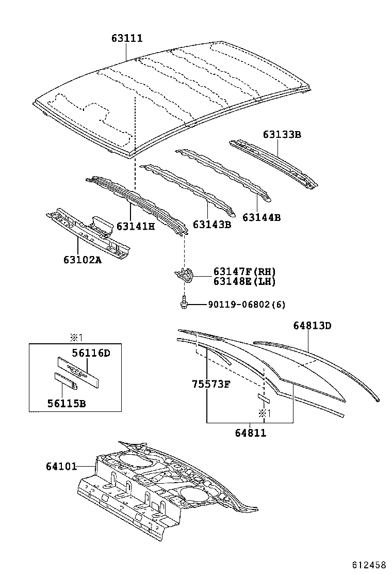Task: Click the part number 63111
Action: pyautogui.click(x=127, y=39)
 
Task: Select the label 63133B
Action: pyautogui.click(x=282, y=135)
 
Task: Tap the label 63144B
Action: pyautogui.click(x=262, y=217)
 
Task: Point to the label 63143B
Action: pyautogui.click(x=212, y=225)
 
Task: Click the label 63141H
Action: pyautogui.click(x=136, y=226)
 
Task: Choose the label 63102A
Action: pyautogui.click(x=82, y=260)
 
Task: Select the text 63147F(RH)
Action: pyautogui.click(x=244, y=272)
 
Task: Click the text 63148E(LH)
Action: pyautogui.click(x=244, y=281)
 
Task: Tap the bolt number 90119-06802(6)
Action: pyautogui.click(x=247, y=305)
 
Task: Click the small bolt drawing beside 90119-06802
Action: pyautogui.click(x=184, y=303)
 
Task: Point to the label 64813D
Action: pyautogui.click(x=312, y=325)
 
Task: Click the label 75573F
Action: pyautogui.click(x=211, y=384)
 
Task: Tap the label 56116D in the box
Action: pyautogui.click(x=91, y=353)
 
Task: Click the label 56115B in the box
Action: pyautogui.click(x=65, y=403)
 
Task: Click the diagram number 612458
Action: pyautogui.click(x=370, y=564)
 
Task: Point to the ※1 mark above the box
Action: pyautogui.click(x=76, y=338)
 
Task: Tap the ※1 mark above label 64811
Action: pyautogui.click(x=265, y=413)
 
